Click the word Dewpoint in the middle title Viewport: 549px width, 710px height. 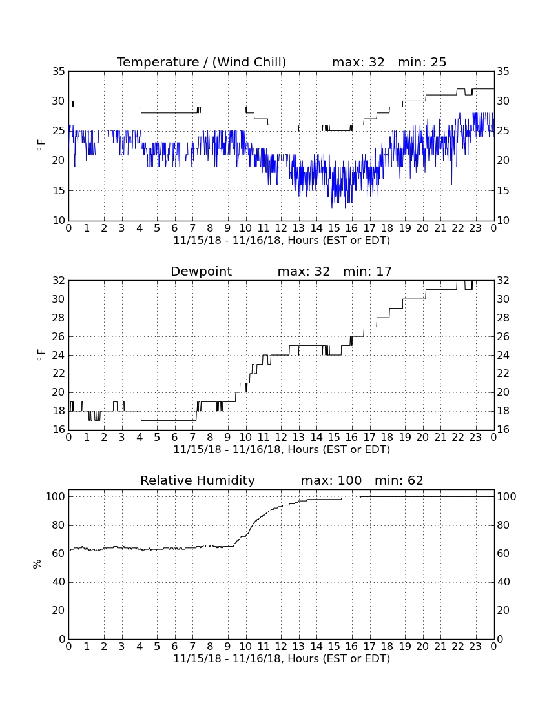(x=201, y=271)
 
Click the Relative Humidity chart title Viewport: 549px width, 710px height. (x=198, y=480)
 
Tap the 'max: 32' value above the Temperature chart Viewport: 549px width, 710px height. (x=358, y=62)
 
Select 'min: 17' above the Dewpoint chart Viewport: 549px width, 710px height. (x=368, y=271)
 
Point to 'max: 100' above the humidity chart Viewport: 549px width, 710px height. (x=331, y=480)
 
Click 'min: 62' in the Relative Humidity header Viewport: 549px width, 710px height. (x=399, y=480)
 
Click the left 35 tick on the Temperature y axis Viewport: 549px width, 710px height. (x=59, y=72)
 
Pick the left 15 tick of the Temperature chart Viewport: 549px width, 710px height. (x=59, y=190)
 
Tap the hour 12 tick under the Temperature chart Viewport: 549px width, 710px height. (x=282, y=228)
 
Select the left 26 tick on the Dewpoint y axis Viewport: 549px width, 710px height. (x=59, y=336)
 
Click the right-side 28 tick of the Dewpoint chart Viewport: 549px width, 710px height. (x=503, y=318)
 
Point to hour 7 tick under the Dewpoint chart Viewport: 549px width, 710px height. (x=192, y=438)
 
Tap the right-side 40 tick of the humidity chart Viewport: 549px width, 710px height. (x=503, y=582)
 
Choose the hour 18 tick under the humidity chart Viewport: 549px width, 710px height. (x=388, y=647)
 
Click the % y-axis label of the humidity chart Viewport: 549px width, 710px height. (x=37, y=564)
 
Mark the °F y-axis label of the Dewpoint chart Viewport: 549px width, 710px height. (x=41, y=354)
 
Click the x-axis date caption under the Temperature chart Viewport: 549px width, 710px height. (x=282, y=241)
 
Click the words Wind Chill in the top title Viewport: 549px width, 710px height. (x=249, y=62)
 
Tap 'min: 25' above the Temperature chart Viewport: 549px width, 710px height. (x=422, y=62)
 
